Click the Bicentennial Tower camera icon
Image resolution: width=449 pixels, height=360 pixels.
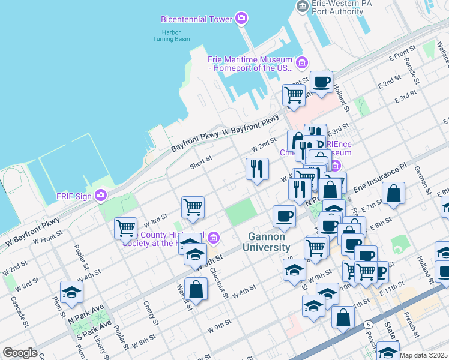[241, 19]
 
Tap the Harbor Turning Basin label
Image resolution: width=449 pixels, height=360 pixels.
[175, 35]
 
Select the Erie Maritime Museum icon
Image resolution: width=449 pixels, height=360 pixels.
[301, 62]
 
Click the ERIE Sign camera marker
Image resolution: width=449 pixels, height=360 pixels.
[100, 195]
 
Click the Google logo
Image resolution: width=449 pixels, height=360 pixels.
[20, 353]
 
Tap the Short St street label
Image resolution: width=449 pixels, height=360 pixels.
[201, 160]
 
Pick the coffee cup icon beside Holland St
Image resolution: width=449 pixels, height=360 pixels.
[321, 81]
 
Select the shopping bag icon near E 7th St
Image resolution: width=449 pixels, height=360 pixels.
[393, 193]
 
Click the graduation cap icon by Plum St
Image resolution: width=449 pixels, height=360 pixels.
[71, 292]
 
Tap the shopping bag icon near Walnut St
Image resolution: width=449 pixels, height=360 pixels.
[196, 289]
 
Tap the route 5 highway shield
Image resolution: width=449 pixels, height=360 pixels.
[366, 325]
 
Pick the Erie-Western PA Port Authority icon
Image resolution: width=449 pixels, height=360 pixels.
[302, 7]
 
